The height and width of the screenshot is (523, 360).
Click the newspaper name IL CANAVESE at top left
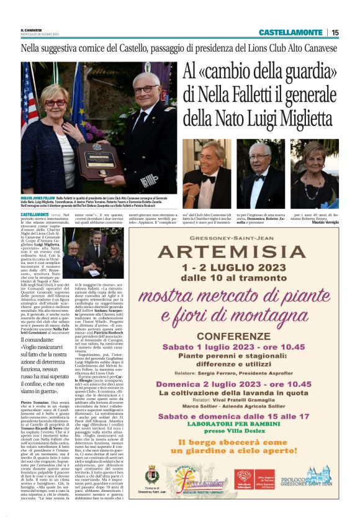tap(31, 29)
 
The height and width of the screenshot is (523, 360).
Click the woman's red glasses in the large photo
tap(55, 102)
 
